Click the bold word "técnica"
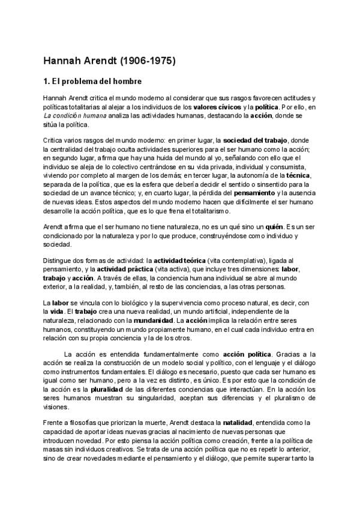(x=298, y=175)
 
